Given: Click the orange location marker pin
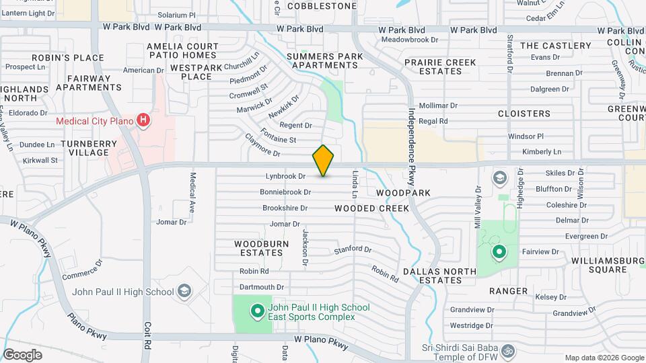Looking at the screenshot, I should click(323, 160).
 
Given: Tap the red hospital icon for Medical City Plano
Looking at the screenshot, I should click(143, 121).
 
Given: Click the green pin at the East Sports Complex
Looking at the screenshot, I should click(256, 311).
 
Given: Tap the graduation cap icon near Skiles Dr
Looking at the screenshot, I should click(499, 178).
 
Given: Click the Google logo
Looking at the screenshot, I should click(22, 354).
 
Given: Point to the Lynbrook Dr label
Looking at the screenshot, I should click(285, 176).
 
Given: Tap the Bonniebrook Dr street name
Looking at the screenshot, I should click(285, 192).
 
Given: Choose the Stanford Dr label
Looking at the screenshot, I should click(353, 250).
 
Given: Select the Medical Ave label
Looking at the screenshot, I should click(192, 193).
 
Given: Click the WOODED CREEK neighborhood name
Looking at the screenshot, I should click(371, 208).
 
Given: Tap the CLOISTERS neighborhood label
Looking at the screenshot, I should click(524, 114).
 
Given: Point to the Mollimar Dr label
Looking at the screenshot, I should click(438, 106).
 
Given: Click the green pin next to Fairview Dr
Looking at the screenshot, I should click(499, 253).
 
